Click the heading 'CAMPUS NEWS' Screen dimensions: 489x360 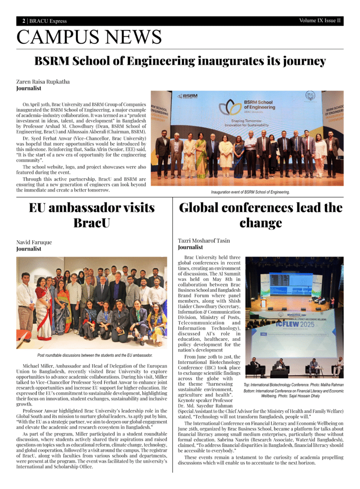[89, 37]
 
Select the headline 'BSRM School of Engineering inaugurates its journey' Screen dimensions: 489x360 [180, 62]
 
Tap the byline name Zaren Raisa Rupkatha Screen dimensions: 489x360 [43, 82]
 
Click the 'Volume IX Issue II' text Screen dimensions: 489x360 [320, 21]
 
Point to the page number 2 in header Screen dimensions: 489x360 [23, 21]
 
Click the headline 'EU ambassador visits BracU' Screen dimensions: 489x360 [92, 215]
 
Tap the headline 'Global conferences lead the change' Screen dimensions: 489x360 [261, 215]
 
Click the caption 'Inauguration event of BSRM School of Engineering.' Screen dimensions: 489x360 [251, 192]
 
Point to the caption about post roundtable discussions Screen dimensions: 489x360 [95, 355]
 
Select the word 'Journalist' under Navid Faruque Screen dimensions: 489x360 [29, 249]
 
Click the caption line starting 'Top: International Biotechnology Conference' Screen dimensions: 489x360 [293, 384]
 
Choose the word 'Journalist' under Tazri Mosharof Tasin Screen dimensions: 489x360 [190, 247]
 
